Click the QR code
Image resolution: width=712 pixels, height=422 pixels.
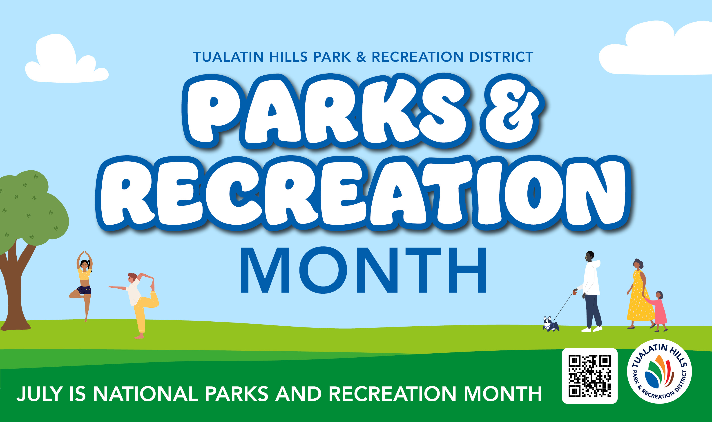(x=590, y=376)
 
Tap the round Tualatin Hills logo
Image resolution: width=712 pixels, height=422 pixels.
(x=659, y=371)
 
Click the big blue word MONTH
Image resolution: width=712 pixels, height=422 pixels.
(x=364, y=270)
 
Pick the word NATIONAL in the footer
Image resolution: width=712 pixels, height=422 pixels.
(x=145, y=394)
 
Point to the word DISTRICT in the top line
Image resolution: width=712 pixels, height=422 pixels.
(x=501, y=57)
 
